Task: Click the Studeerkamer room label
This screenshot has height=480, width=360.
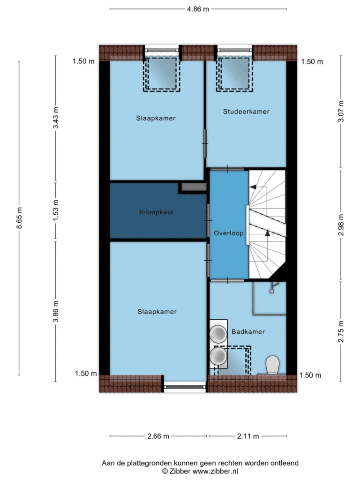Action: pyautogui.click(x=246, y=112)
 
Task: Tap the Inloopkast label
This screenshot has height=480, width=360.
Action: pyautogui.click(x=156, y=212)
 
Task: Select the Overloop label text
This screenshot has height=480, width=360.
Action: pyautogui.click(x=229, y=233)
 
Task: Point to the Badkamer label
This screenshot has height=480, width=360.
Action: pyautogui.click(x=248, y=331)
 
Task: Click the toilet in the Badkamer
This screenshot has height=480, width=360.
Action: pyautogui.click(x=272, y=365)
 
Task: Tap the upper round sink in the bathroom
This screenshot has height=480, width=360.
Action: pyautogui.click(x=218, y=333)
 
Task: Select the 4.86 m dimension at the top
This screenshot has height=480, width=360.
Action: pyautogui.click(x=198, y=9)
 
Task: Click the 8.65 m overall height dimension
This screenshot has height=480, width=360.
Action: pyautogui.click(x=19, y=218)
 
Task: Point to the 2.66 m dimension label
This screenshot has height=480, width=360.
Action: pyautogui.click(x=158, y=436)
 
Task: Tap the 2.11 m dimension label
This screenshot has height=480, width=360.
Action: pyautogui.click(x=248, y=436)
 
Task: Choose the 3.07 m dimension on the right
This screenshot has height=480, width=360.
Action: pyautogui.click(x=341, y=112)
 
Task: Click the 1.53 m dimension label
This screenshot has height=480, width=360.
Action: pyautogui.click(x=55, y=210)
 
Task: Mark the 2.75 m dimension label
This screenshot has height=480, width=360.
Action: pyautogui.click(x=341, y=331)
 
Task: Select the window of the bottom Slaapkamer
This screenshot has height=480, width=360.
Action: pyautogui.click(x=185, y=387)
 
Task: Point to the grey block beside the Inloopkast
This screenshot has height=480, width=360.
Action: pyautogui.click(x=194, y=187)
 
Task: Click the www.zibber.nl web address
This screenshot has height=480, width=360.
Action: pyautogui.click(x=215, y=472)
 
